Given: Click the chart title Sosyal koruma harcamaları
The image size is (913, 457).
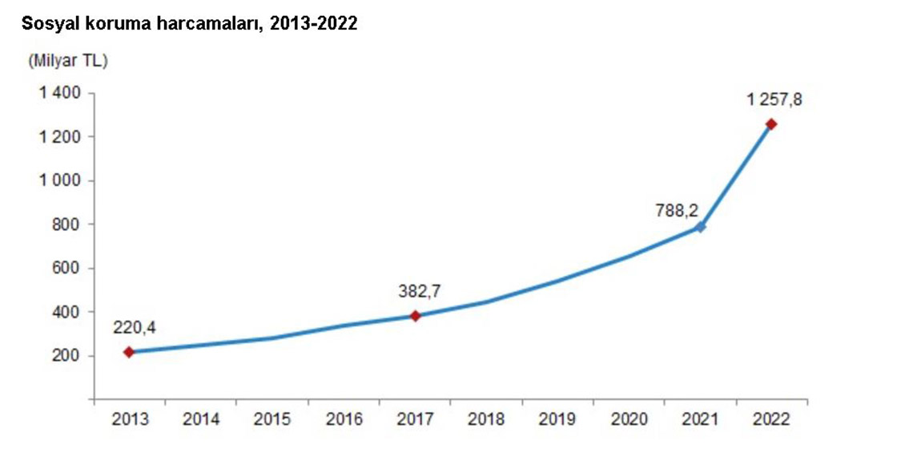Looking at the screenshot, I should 189,24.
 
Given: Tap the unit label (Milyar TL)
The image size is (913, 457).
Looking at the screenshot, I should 67,61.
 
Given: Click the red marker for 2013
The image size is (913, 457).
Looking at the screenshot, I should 129,352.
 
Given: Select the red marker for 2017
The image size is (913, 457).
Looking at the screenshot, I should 415,316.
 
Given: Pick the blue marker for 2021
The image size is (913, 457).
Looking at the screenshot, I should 701,227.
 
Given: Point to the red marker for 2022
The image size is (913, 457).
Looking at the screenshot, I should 771,124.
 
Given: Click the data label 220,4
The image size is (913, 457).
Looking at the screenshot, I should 135,328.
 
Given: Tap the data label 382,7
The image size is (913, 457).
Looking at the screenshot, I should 420,292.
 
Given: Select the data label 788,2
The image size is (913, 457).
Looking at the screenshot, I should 677,210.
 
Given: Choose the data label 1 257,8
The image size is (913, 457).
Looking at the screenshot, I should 774,100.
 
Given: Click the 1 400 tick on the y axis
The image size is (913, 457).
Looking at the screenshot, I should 60,94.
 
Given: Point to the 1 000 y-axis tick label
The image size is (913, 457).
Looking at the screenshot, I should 60,181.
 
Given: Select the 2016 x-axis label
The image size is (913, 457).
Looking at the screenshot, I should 344,419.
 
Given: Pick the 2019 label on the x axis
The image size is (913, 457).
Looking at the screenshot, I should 557,419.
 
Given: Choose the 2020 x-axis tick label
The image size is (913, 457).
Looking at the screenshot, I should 629,419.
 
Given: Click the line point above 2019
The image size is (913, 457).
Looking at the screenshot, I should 557,281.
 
